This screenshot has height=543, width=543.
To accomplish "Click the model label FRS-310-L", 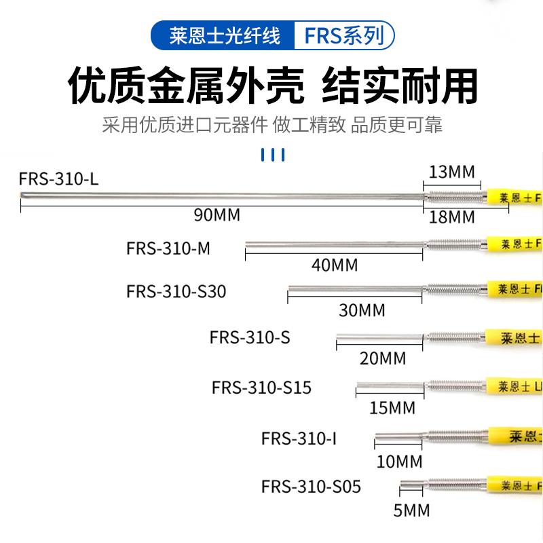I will [59, 180].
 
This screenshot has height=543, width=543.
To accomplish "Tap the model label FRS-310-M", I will [168, 248].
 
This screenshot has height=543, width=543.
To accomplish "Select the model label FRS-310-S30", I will [176, 291].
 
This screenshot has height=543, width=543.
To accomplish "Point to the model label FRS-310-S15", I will [261, 388].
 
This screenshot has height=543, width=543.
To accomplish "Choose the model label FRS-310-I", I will [299, 438].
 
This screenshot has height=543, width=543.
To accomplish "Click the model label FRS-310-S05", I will [311, 487].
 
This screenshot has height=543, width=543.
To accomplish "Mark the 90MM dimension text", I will [217, 216].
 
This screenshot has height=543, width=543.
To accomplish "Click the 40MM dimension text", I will [335, 265].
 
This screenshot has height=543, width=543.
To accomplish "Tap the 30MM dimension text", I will [362, 310].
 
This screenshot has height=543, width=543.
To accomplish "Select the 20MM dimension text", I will [383, 358].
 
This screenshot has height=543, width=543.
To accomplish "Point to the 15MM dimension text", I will [392, 408].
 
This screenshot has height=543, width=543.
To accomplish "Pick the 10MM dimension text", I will [399, 462].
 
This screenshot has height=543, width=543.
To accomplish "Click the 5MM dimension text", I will [412, 510].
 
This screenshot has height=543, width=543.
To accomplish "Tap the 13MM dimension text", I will [452, 172].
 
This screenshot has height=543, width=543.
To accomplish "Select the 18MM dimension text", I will [452, 217].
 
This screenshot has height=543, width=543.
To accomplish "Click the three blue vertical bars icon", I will [273, 155].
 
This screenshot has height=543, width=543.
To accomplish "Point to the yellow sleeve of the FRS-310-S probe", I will [514, 337].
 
